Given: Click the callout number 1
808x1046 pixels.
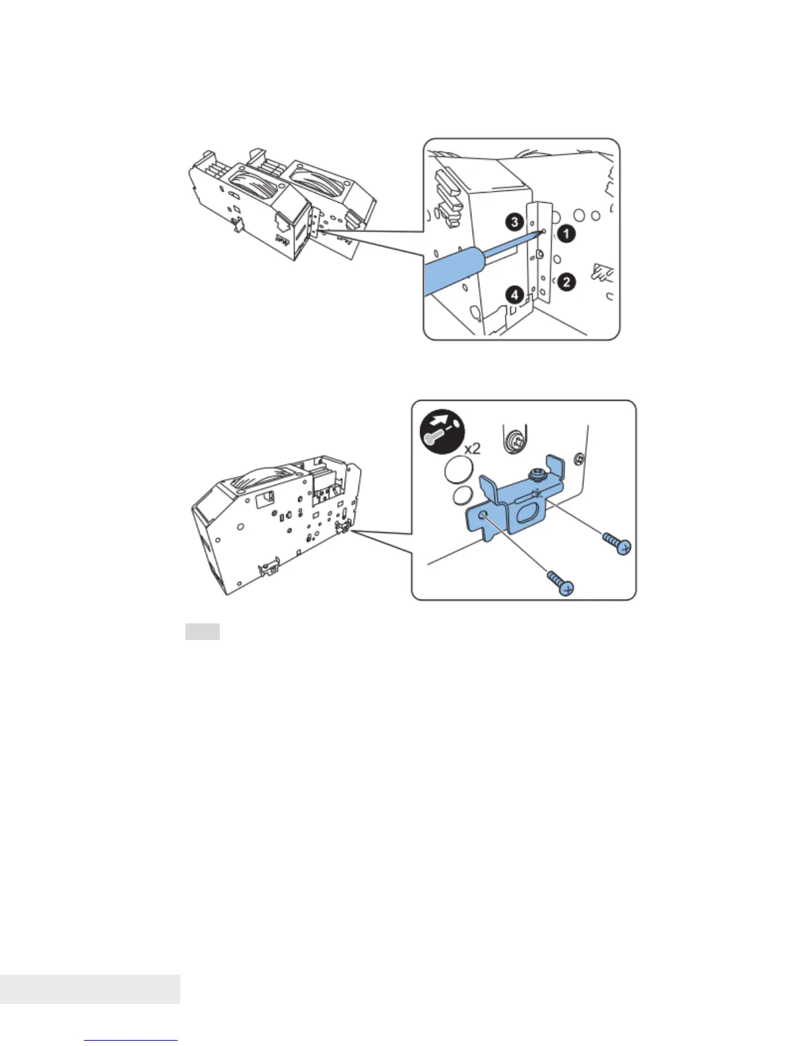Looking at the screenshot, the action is click(x=566, y=233).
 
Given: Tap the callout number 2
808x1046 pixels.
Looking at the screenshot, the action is click(x=566, y=282).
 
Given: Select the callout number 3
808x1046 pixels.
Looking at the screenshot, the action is click(x=516, y=222).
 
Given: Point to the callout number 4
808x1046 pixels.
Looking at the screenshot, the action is click(x=516, y=295).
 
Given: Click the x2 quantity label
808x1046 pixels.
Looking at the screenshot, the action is click(x=472, y=448).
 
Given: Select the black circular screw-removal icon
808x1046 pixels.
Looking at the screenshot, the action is click(x=442, y=432).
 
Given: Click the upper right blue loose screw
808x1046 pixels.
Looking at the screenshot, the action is click(x=617, y=543).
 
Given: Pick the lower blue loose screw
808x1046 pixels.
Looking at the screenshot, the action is click(x=560, y=584).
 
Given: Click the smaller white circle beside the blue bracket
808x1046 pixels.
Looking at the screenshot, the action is click(x=462, y=495).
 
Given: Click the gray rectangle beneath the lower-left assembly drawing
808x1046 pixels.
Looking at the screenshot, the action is click(x=202, y=631).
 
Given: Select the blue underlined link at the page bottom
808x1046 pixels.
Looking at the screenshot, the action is click(x=131, y=1040).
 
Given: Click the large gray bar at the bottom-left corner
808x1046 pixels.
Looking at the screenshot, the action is click(x=90, y=989).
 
